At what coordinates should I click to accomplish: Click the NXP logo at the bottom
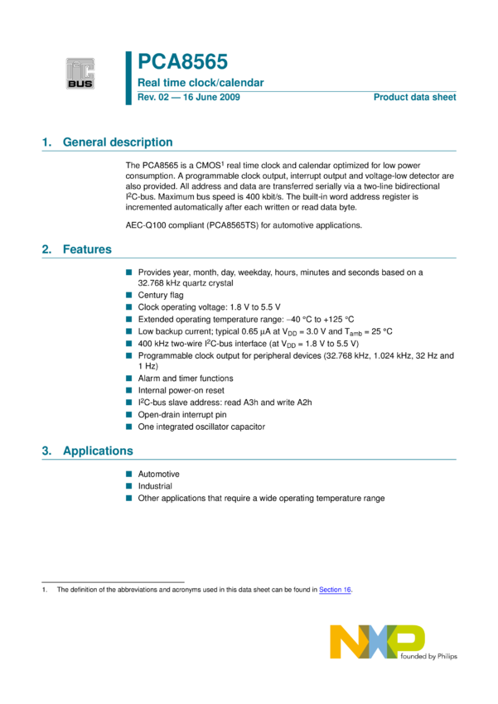pyautogui.click(x=377, y=643)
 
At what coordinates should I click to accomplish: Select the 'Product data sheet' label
pyautogui.click(x=414, y=98)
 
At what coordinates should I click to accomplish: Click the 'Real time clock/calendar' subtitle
pyautogui.click(x=201, y=83)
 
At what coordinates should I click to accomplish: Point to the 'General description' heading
pyautogui.click(x=118, y=142)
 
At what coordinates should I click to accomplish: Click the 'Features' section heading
pyautogui.click(x=87, y=249)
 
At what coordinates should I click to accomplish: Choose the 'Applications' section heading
pyautogui.click(x=98, y=451)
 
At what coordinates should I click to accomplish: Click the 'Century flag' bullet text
pyautogui.click(x=161, y=295)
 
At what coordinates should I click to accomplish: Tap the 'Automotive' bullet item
pyautogui.click(x=159, y=474)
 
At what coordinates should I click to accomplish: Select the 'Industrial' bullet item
pyautogui.click(x=155, y=486)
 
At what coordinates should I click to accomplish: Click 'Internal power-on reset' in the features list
pyautogui.click(x=181, y=390)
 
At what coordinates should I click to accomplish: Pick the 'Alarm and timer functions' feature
pyautogui.click(x=185, y=378)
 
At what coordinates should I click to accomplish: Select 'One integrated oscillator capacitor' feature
pyautogui.click(x=201, y=427)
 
